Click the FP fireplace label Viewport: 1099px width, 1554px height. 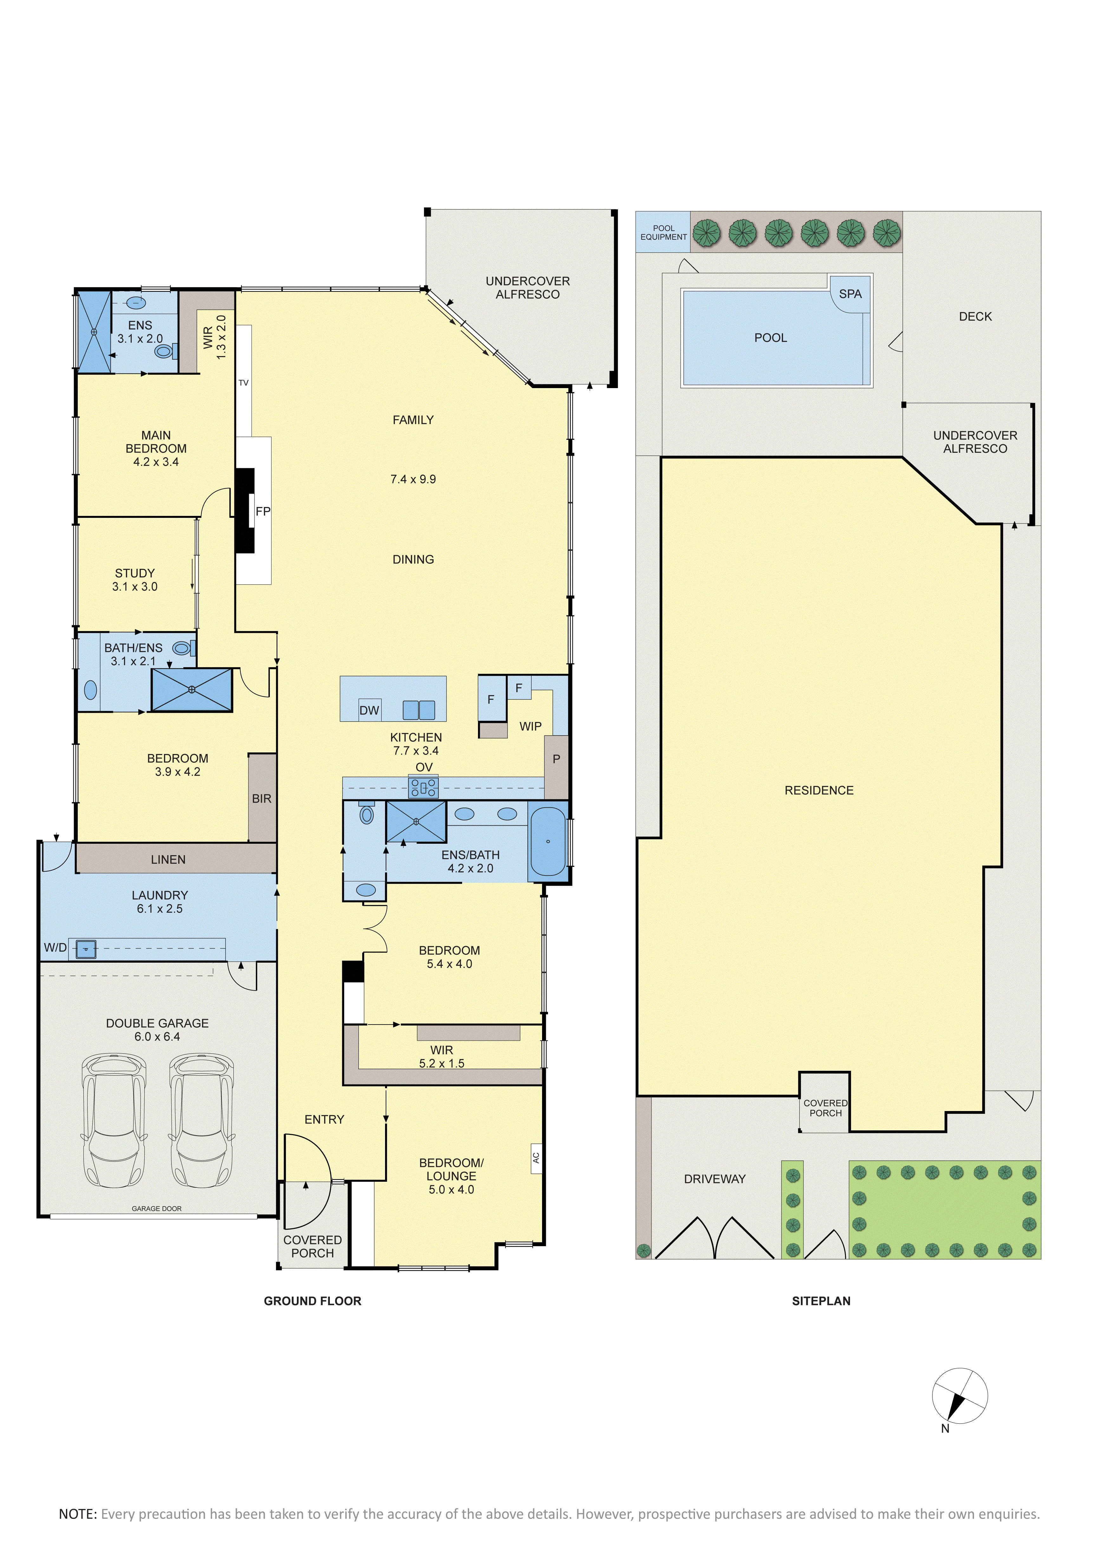coord(263,512)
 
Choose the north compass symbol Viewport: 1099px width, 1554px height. coord(959,1396)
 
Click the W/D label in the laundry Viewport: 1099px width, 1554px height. coord(56,947)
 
